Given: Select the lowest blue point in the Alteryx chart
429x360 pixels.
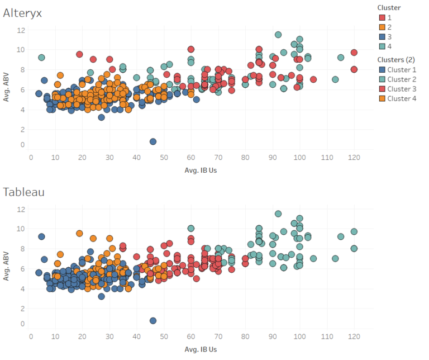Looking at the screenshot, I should pos(153,142).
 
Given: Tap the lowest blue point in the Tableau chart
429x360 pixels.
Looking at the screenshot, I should pos(153,321).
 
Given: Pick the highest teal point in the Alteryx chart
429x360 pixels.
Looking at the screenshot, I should pos(278,35).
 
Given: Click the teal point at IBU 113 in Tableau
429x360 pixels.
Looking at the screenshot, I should pos(335,258).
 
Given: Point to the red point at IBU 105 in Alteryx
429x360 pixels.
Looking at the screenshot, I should pos(313,79).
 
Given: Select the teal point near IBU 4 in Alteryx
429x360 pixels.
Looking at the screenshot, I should pos(41,57).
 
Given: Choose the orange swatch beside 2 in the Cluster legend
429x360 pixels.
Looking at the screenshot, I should pos(382,27).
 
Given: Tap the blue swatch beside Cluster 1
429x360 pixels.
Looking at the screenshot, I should pos(382,70).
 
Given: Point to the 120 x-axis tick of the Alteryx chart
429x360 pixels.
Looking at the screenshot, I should pos(354,157).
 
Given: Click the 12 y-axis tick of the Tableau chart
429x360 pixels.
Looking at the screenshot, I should pos(21,210).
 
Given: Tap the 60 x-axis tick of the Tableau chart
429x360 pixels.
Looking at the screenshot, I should pos(191,336).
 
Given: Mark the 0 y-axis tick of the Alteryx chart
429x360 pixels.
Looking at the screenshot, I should pos(22,145).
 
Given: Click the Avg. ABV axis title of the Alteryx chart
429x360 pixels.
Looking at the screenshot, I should pos(7,87).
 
